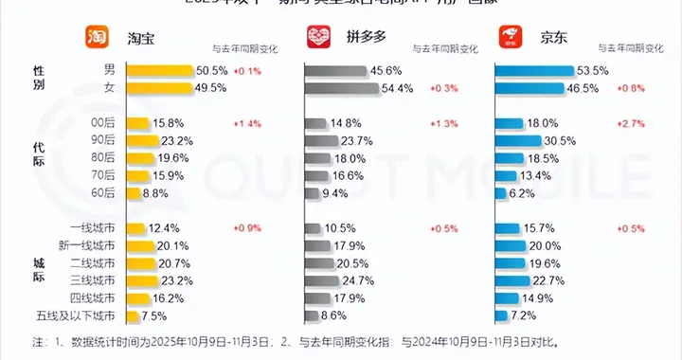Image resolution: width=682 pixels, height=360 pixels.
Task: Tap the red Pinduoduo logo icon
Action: [x=319, y=37]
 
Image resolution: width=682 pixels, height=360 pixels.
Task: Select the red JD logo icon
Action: [x=512, y=37]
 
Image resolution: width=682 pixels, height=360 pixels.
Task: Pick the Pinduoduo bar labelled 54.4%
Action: [x=353, y=87]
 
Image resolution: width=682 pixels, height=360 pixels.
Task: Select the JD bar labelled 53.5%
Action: [x=534, y=70]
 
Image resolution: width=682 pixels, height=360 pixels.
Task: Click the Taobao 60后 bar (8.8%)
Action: [x=132, y=192]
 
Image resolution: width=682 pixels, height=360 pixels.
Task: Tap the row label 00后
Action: [x=103, y=123]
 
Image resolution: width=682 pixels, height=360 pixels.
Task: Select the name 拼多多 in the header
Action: [x=361, y=37]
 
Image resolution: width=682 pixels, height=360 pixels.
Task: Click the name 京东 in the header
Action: [x=550, y=37]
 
